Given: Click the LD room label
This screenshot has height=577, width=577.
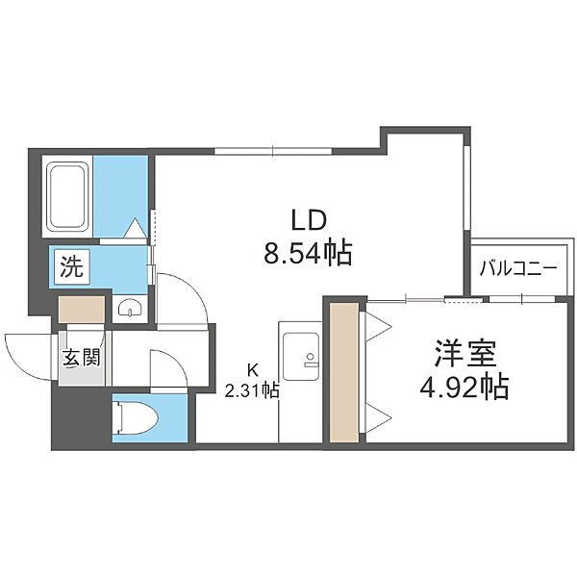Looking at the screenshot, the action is [x=309, y=219].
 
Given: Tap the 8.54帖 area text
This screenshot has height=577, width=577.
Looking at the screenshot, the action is [x=308, y=253].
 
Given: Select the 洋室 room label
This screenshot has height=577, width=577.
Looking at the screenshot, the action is [x=465, y=354].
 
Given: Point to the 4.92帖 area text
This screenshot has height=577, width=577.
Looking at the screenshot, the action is [x=464, y=387].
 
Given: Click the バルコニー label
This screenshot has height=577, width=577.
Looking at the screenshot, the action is [x=518, y=268].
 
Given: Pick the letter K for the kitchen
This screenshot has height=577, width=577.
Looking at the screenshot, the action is [x=252, y=370].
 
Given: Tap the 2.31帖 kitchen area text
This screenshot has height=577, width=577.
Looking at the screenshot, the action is [x=252, y=390].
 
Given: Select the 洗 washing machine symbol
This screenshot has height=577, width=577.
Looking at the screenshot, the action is [x=71, y=266].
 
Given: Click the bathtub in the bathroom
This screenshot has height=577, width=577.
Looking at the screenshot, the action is [x=67, y=196].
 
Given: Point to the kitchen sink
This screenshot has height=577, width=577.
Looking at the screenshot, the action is [x=301, y=357].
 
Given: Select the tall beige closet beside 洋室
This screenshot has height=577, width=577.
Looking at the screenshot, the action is [x=344, y=372].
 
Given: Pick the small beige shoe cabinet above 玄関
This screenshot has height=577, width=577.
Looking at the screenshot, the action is [x=82, y=310].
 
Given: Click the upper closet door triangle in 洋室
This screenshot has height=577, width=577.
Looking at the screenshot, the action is [x=377, y=326].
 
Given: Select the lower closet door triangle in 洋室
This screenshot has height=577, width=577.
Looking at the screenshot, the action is [x=377, y=417].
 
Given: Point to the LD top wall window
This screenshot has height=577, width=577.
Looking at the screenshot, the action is [x=273, y=151].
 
